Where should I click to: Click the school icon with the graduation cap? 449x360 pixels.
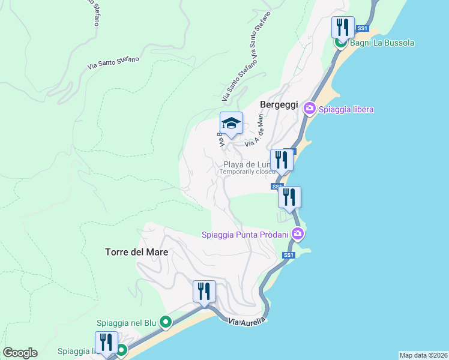[231, 124]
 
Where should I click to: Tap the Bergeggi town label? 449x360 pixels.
[279, 104]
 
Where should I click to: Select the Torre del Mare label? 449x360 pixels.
[132, 253]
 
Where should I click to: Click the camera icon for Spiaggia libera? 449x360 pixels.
[310, 109]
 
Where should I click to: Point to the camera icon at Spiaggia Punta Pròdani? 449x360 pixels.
[297, 234]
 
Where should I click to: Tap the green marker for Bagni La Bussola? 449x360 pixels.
[340, 43]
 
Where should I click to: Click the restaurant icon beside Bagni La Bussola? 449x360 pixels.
[343, 27]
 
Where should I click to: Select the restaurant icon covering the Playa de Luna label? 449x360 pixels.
[281, 160]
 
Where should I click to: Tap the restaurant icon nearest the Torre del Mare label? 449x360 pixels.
[204, 292]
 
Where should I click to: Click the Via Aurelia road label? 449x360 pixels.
[247, 322]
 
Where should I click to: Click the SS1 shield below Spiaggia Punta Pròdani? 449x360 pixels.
[289, 256]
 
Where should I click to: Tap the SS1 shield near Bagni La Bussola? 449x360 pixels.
[362, 28]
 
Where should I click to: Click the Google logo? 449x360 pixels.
[20, 353]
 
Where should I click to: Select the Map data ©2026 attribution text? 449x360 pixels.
[423, 355]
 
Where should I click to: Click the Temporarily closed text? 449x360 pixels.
[247, 172]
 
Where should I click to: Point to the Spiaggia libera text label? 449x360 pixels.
[346, 109]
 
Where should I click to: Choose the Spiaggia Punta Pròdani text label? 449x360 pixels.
[245, 234]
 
